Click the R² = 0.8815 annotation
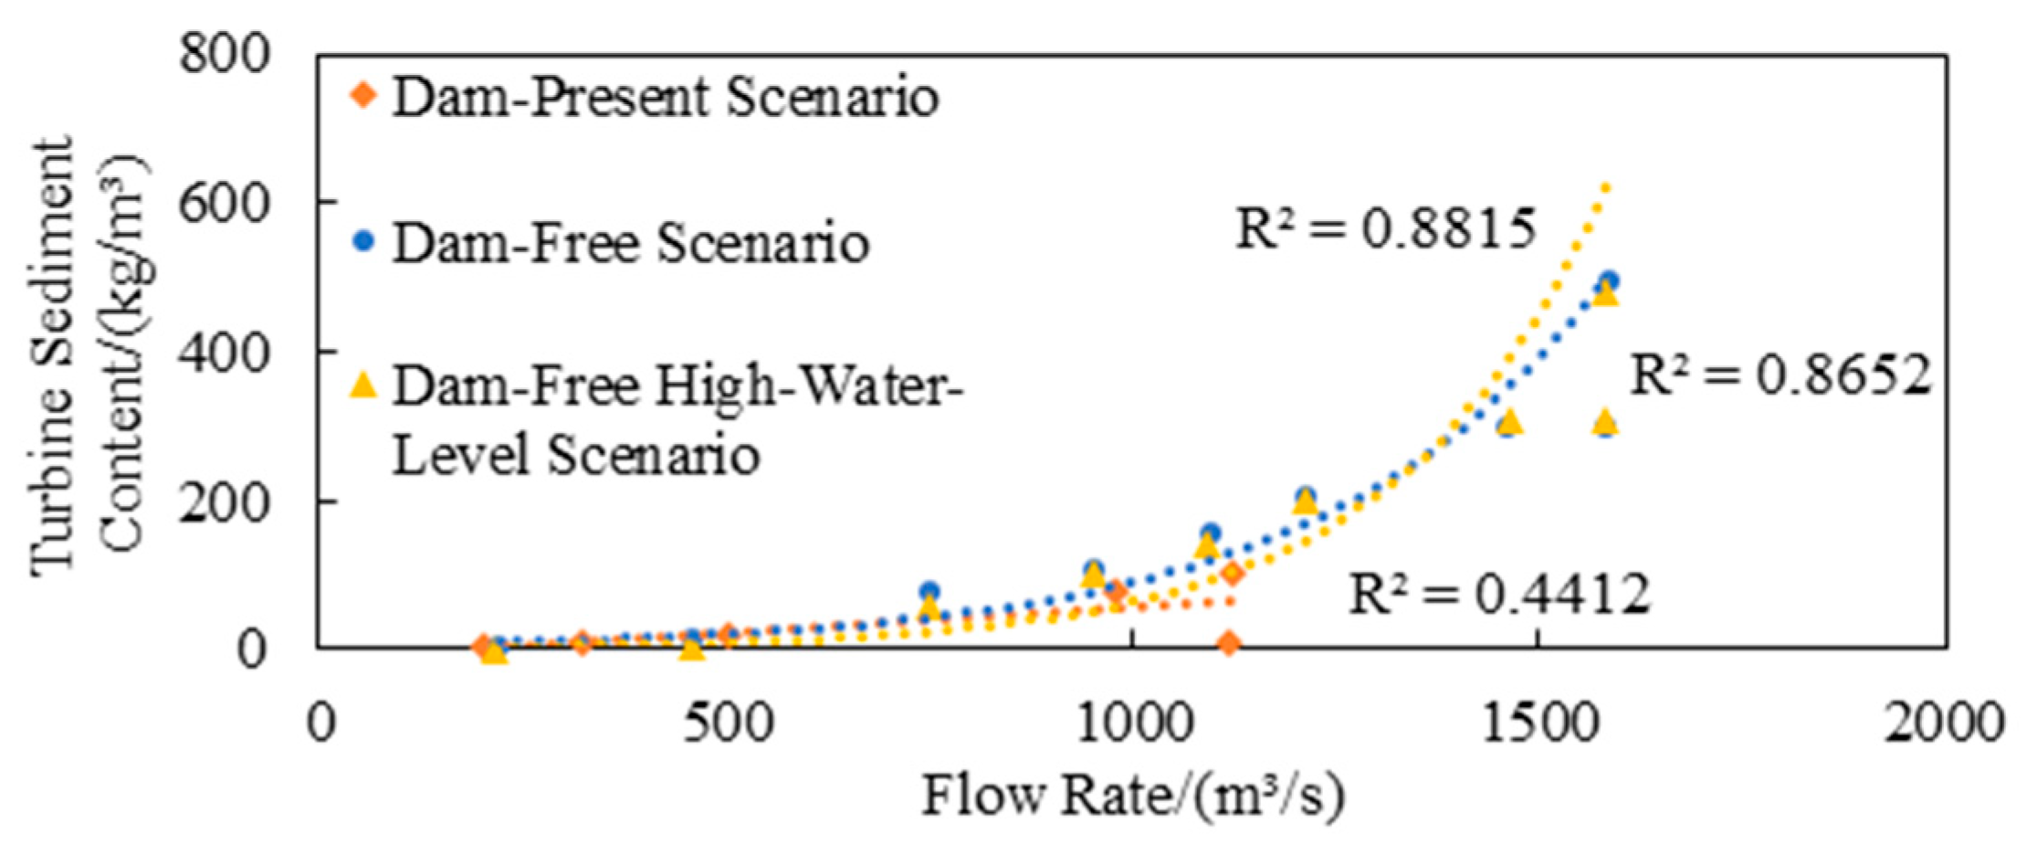[x=1385, y=228]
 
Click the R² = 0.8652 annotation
[x=1780, y=375]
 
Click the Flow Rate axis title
[x=1132, y=795]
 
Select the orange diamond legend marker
[x=364, y=95]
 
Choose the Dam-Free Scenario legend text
[x=630, y=243]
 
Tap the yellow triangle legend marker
[x=364, y=386]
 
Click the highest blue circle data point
[x=1609, y=280]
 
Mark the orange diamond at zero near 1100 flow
[x=1229, y=643]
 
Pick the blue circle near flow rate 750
[x=929, y=591]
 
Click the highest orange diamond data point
[x=1233, y=574]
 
